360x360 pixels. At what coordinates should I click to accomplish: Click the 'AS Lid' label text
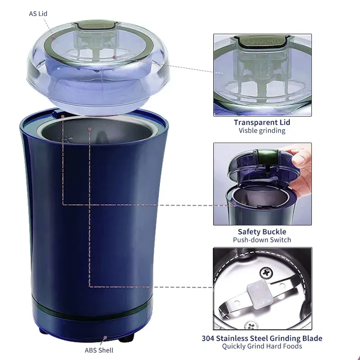38,14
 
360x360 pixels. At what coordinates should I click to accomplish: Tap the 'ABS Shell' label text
99,351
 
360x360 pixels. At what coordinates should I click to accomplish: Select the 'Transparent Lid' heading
262,122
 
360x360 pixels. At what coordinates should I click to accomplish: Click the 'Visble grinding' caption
262,130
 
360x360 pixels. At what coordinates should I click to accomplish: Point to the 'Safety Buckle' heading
262,232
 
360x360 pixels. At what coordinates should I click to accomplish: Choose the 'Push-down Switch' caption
262,240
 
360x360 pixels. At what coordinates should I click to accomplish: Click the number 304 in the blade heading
208,338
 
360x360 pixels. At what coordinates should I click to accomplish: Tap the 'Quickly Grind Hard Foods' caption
262,346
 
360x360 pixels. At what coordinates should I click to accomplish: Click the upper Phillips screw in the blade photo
266,273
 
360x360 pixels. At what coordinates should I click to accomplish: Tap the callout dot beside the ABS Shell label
105,337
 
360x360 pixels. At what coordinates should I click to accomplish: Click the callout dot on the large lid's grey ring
54,37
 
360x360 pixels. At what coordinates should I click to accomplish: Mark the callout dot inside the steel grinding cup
90,129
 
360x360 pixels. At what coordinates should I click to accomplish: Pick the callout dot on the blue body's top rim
63,117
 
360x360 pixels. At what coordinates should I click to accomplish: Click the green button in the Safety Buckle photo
267,155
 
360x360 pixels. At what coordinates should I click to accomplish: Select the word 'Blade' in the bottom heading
312,338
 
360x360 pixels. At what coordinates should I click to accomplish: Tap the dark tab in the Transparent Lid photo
262,41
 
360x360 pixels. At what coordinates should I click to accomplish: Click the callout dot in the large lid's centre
114,57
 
